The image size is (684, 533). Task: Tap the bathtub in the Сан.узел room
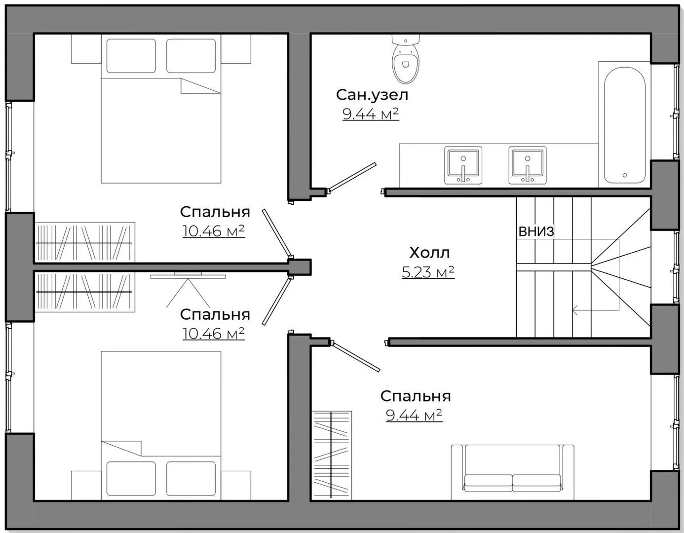point(624,125)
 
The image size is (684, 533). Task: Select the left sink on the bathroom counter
point(463,165)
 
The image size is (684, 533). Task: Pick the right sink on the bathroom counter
point(528,165)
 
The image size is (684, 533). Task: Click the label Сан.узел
point(372,94)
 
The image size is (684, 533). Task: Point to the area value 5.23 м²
point(428,272)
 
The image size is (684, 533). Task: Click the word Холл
point(429,253)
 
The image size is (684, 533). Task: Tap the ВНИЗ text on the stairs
point(536,231)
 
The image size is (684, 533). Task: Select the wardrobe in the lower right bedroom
point(332,454)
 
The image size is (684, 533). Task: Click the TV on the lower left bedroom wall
point(188,275)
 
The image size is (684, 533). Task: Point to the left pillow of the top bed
point(131,56)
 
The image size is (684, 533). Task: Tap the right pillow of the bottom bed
point(191,478)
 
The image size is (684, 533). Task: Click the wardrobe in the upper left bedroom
point(85,242)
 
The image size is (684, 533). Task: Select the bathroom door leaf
point(352,176)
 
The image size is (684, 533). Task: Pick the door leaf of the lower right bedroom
point(356,356)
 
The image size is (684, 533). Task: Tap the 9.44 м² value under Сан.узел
point(371,114)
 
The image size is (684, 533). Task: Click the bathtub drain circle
point(624,175)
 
